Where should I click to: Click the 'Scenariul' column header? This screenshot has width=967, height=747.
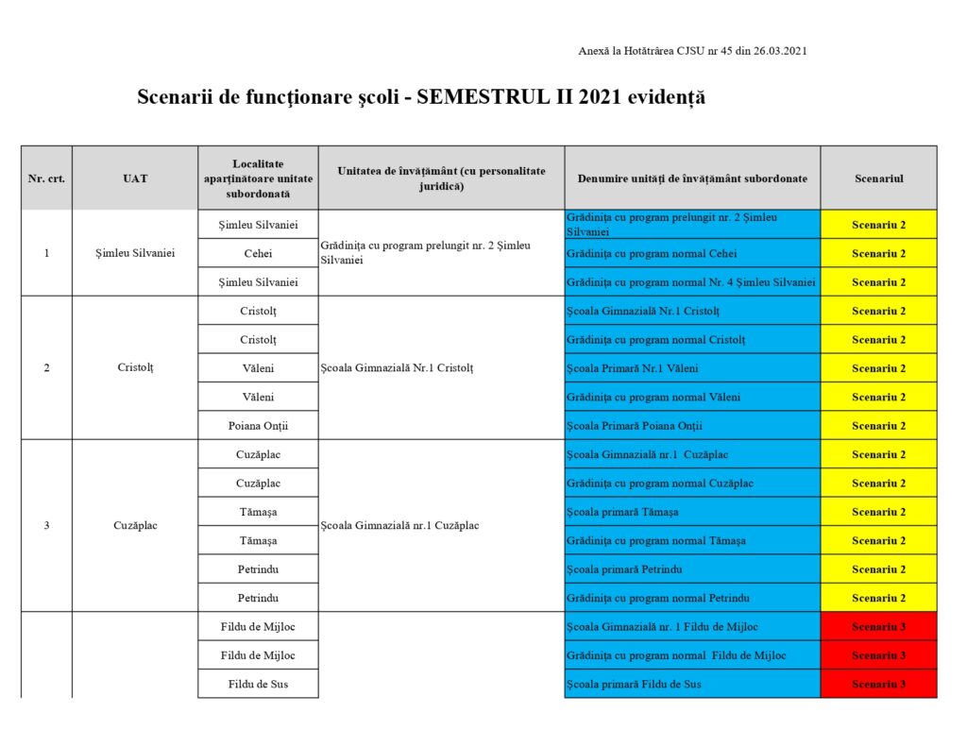click(878, 178)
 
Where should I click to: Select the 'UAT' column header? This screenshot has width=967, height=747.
click(135, 178)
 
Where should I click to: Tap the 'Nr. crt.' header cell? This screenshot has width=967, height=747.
click(46, 178)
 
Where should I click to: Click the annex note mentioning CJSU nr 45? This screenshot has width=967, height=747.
click(692, 51)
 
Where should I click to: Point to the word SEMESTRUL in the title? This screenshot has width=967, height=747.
click(494, 97)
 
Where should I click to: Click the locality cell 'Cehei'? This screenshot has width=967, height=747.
click(258, 253)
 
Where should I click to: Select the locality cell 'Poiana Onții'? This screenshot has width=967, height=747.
click(258, 425)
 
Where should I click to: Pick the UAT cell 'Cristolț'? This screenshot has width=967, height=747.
click(135, 367)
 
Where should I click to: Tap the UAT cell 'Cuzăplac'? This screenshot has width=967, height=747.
click(135, 525)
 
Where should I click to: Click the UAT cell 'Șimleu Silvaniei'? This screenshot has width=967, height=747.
click(135, 253)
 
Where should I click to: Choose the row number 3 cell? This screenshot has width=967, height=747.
click(46, 525)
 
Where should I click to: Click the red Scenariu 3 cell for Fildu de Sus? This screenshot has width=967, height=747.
click(878, 684)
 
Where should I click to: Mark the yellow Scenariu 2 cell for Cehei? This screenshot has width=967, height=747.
click(878, 253)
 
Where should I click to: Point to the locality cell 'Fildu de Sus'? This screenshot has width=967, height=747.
click(258, 684)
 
